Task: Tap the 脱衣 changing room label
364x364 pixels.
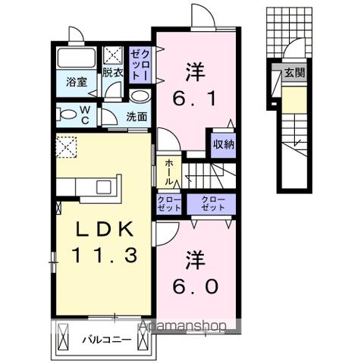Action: click(x=112, y=73)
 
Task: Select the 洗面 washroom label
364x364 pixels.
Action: click(x=136, y=117)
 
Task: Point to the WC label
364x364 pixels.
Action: click(x=85, y=115)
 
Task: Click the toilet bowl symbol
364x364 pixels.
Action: click(x=68, y=115)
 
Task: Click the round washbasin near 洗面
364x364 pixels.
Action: click(x=140, y=96)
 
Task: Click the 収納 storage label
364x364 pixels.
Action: click(x=223, y=143)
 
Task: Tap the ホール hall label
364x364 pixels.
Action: click(x=168, y=171)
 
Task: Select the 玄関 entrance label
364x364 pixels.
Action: click(x=295, y=74)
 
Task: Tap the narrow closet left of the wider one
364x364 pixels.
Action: click(x=168, y=203)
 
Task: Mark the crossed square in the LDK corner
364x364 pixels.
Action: click(x=66, y=145)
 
